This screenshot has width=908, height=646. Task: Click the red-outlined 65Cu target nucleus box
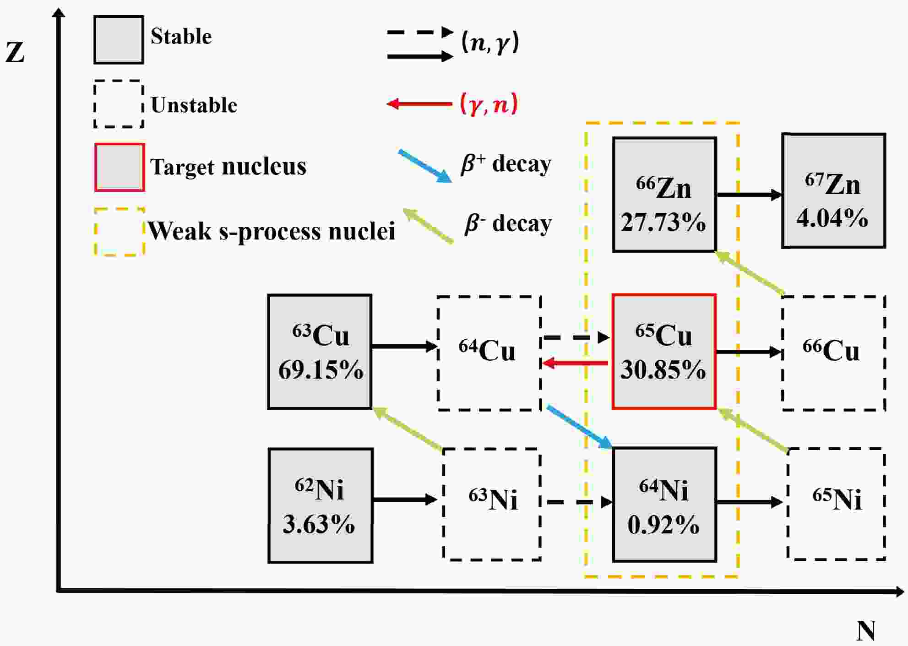[x=664, y=351]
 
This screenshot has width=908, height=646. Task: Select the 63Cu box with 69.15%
[x=320, y=352]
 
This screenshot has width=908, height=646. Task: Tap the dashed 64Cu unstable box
[x=489, y=353]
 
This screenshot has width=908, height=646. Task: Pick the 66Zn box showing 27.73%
[x=664, y=195]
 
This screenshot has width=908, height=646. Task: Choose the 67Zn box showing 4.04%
[x=833, y=191]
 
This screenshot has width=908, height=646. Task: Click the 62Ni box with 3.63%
[x=320, y=505]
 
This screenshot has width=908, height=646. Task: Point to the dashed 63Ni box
[x=492, y=504]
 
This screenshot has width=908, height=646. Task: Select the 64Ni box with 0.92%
[x=664, y=505]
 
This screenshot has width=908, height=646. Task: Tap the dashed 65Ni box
[x=836, y=504]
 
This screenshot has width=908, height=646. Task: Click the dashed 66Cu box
[x=833, y=353]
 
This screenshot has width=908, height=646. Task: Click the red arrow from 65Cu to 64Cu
[x=575, y=364]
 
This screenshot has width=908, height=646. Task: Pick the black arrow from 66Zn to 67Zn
[x=749, y=195]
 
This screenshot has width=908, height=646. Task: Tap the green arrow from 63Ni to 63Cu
[x=408, y=429]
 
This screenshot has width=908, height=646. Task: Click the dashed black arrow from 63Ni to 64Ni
[x=579, y=502]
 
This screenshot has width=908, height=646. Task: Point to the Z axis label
[x=15, y=52]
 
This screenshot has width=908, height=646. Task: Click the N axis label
[x=865, y=631]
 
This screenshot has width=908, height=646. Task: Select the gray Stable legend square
[x=119, y=40]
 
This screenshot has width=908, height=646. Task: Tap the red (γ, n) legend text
[x=489, y=103]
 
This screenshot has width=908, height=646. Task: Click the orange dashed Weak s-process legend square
[x=120, y=232]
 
